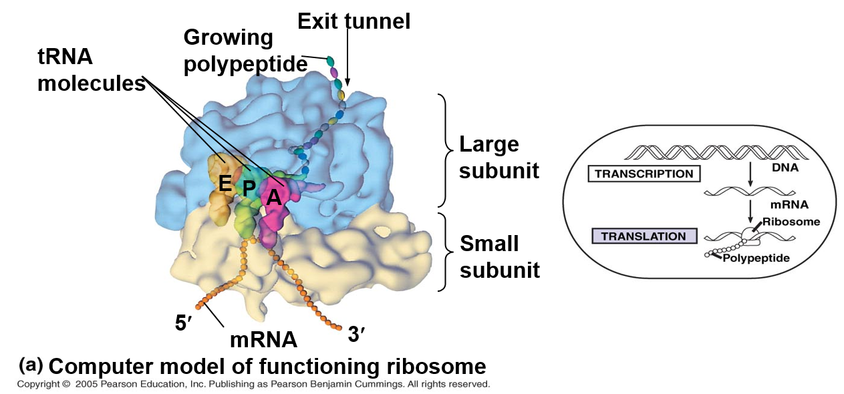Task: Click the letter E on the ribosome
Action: [226, 182]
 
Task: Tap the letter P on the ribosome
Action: [249, 189]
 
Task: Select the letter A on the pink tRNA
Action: [273, 198]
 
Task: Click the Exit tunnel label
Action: [354, 21]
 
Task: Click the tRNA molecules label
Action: [91, 70]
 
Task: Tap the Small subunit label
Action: [499, 256]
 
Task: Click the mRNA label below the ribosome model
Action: [263, 339]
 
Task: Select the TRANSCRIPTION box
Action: [644, 174]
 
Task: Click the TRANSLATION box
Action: [643, 236]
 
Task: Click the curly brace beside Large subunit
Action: [443, 151]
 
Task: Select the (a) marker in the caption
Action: [31, 365]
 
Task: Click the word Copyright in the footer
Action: [39, 385]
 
